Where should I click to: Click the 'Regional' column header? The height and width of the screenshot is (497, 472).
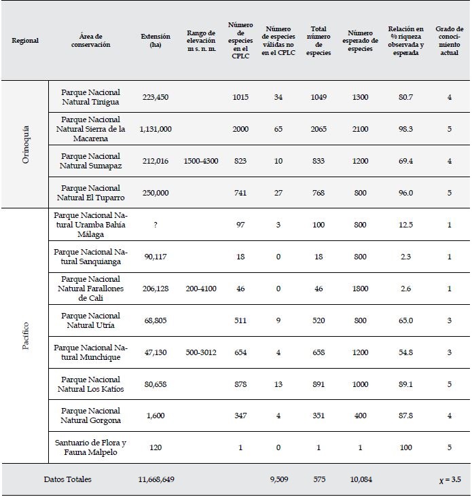pos(25,41)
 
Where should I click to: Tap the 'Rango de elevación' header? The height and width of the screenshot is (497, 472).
pos(201,41)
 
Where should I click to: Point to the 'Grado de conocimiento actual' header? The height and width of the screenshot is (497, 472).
pos(449,41)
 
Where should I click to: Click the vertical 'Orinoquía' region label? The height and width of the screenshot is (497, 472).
pos(26,144)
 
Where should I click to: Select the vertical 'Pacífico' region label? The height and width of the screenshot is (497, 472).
pos(26,335)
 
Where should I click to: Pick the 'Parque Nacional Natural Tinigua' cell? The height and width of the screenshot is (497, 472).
pos(90,97)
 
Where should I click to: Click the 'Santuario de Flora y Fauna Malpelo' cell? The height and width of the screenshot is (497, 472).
pos(90,447)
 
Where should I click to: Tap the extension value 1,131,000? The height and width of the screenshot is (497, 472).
pos(156,129)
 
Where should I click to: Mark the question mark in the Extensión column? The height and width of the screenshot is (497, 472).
pos(156,225)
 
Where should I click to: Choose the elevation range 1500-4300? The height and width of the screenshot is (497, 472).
pos(201,161)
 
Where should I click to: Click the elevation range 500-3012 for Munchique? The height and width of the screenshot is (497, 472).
pos(201,352)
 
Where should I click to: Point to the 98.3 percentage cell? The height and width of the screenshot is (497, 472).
pos(406,129)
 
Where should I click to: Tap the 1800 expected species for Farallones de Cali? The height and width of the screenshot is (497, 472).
pos(360,289)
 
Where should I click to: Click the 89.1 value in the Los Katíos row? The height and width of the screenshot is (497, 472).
pos(406,384)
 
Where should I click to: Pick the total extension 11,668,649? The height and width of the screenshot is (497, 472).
pos(156,479)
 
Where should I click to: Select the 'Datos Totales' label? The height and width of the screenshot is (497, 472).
pos(67,479)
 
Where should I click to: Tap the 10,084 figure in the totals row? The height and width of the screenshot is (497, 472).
pos(360,479)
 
